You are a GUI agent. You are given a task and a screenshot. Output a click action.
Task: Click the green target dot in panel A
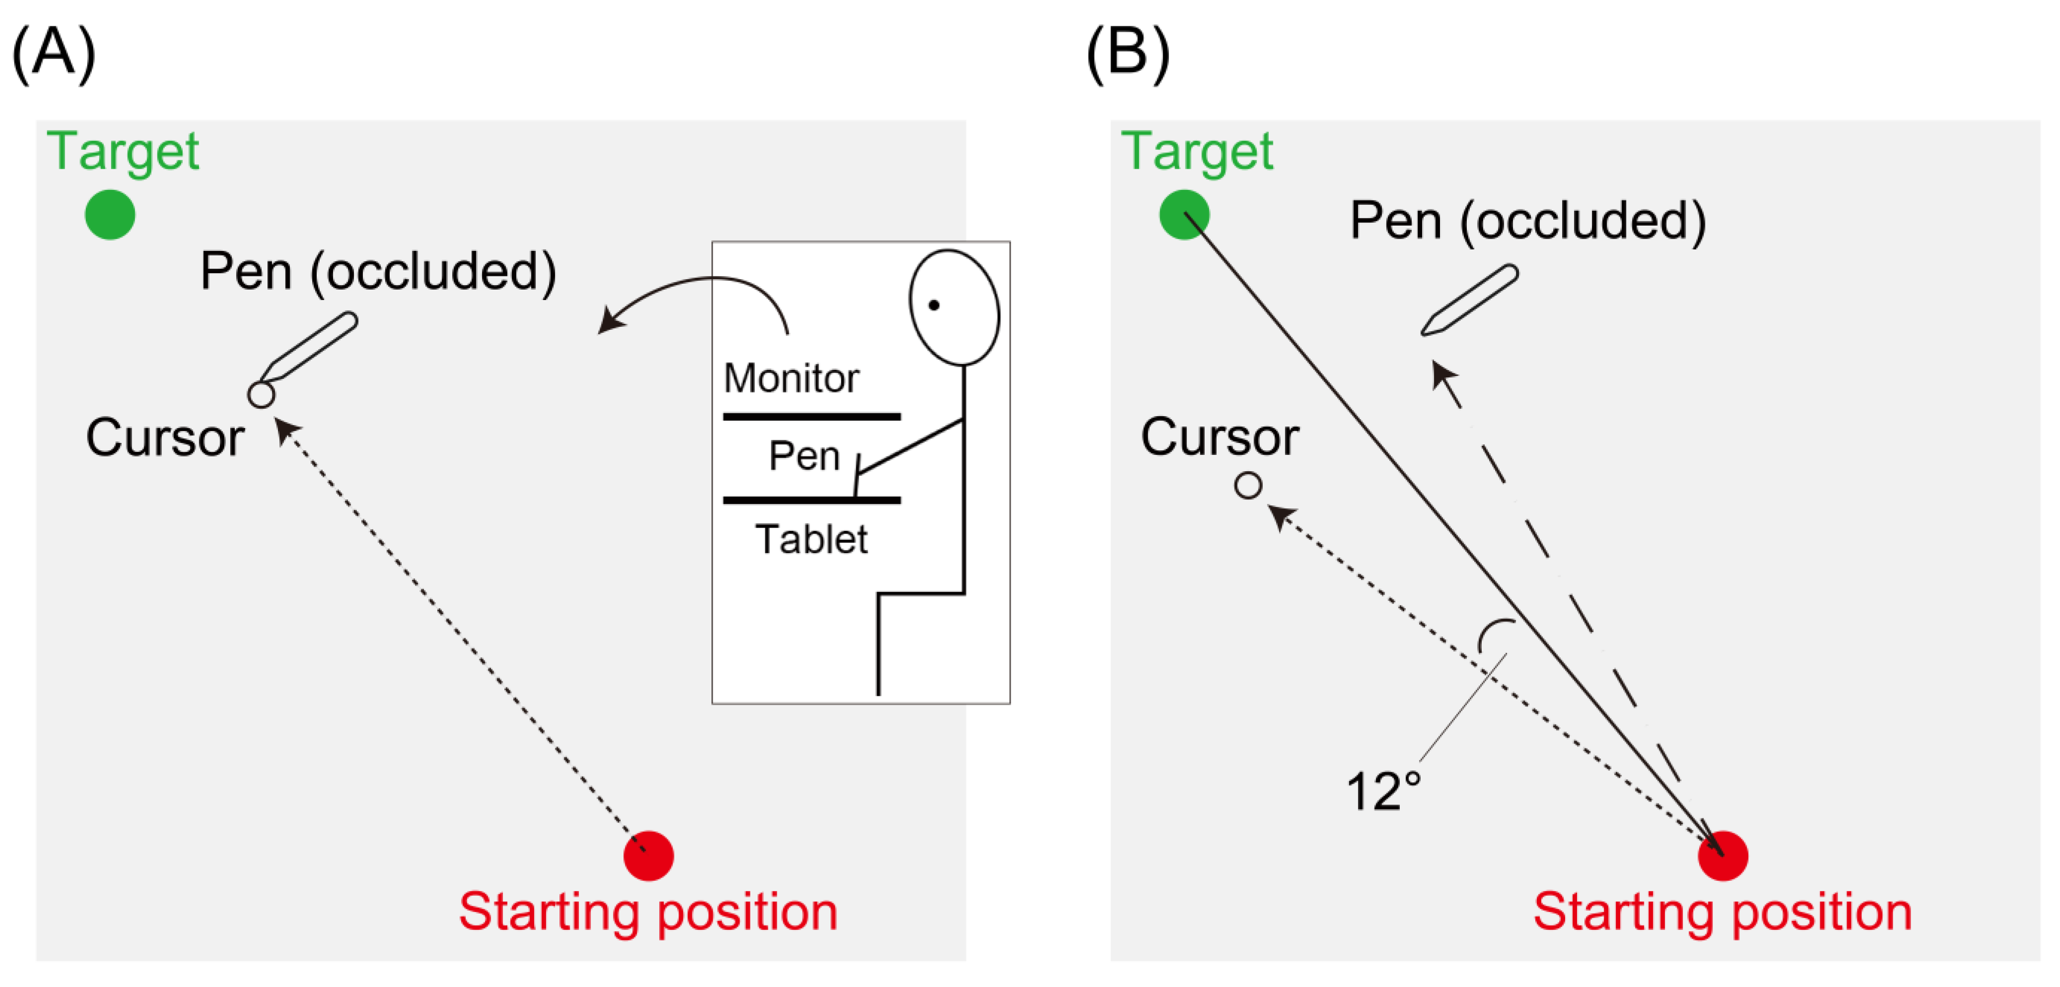110,214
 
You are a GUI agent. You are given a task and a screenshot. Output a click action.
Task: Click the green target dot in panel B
1184,214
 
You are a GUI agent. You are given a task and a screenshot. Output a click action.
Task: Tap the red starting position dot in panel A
649,856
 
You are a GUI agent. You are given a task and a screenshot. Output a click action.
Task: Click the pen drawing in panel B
1470,300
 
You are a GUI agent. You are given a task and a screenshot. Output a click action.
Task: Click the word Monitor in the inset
791,377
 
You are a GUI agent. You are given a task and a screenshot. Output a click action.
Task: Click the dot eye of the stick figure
933,305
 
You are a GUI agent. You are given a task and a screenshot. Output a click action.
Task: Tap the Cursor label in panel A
165,438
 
